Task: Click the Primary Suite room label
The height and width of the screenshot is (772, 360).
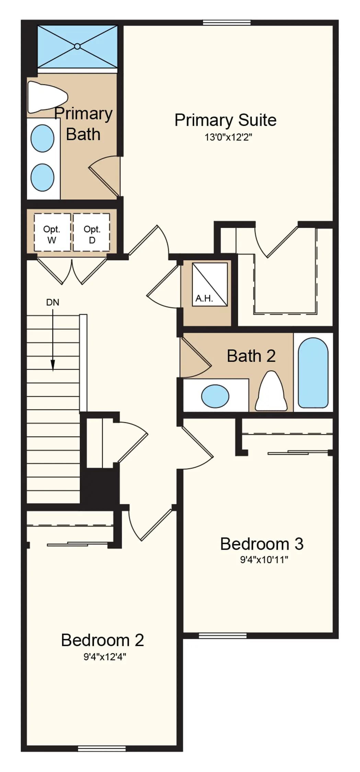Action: (x=225, y=120)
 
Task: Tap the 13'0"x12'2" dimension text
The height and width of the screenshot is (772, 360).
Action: (x=228, y=137)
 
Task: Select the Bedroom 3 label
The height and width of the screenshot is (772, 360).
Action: (x=262, y=544)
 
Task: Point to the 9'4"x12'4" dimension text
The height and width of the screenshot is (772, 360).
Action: (x=105, y=657)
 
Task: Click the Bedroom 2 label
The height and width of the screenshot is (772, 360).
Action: (x=102, y=640)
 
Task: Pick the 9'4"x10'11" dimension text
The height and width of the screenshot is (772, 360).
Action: (x=264, y=560)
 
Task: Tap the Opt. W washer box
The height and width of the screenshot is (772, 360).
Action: (x=52, y=232)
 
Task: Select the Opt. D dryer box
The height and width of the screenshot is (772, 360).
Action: (x=92, y=232)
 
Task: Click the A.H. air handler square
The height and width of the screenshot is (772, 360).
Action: (x=209, y=284)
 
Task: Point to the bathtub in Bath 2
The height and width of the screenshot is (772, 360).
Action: (x=313, y=373)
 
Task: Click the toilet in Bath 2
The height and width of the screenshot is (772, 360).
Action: (x=271, y=391)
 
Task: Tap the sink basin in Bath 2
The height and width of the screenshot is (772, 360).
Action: (x=215, y=396)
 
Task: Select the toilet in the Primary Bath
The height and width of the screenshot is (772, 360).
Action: (x=47, y=97)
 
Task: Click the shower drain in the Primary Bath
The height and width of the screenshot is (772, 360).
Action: (x=77, y=46)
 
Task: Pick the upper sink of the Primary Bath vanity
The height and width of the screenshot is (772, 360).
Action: (x=42, y=138)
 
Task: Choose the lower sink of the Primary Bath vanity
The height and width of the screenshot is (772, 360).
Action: (x=42, y=178)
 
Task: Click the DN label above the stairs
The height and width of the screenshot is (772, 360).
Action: (x=53, y=302)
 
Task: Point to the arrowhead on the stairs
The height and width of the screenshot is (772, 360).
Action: (x=53, y=365)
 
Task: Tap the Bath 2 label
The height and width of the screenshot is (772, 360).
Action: (x=251, y=356)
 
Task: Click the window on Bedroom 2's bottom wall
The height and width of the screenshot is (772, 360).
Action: (x=102, y=749)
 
